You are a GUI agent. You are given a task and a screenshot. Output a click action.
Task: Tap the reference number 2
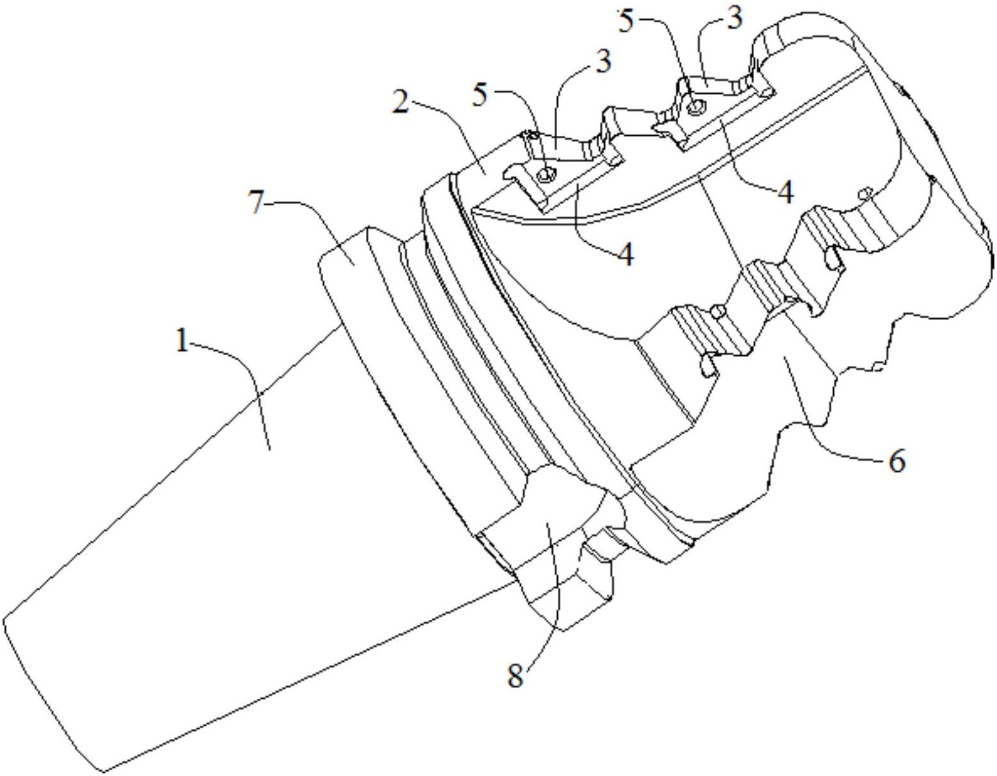tap(400, 104)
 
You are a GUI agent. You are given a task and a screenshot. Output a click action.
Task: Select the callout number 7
tap(259, 202)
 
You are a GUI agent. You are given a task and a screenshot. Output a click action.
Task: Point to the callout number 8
tap(516, 677)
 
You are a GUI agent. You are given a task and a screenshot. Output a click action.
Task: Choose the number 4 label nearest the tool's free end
tap(785, 193)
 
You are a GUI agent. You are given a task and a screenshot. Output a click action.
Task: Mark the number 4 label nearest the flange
tap(626, 254)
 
